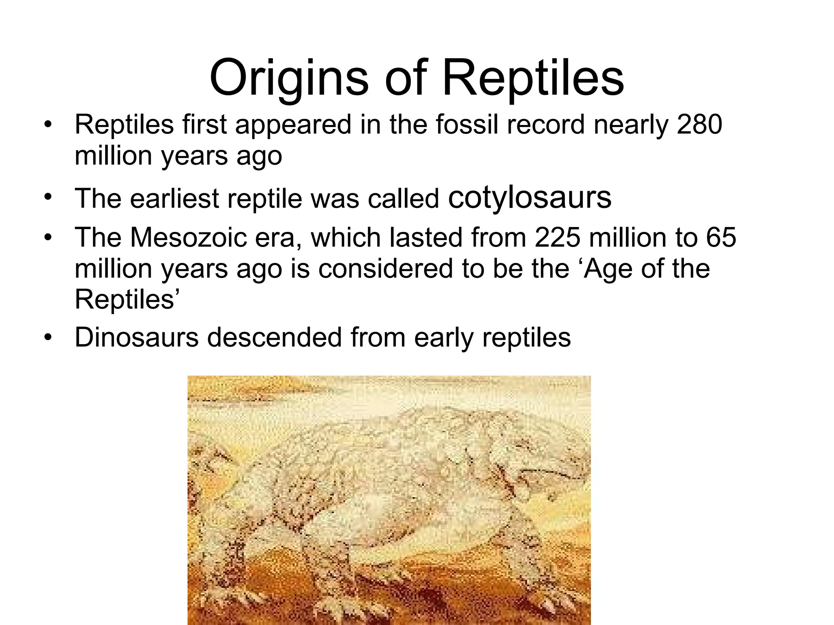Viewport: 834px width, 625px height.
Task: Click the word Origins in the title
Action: click(x=289, y=77)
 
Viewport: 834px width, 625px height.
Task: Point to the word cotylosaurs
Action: click(x=529, y=198)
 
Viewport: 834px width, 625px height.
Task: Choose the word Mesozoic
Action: click(x=189, y=237)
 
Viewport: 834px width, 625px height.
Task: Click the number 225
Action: click(x=557, y=237)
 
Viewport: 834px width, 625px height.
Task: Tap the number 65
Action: click(x=721, y=237)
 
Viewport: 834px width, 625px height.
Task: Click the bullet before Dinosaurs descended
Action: click(x=48, y=338)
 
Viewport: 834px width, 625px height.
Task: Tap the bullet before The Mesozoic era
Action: click(x=48, y=238)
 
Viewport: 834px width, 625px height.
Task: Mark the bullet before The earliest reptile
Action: click(x=48, y=198)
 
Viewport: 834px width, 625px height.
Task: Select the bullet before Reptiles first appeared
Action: click(x=48, y=125)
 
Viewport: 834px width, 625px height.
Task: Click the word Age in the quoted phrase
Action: click(x=608, y=270)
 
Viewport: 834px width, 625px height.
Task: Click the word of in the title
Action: click(x=406, y=77)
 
